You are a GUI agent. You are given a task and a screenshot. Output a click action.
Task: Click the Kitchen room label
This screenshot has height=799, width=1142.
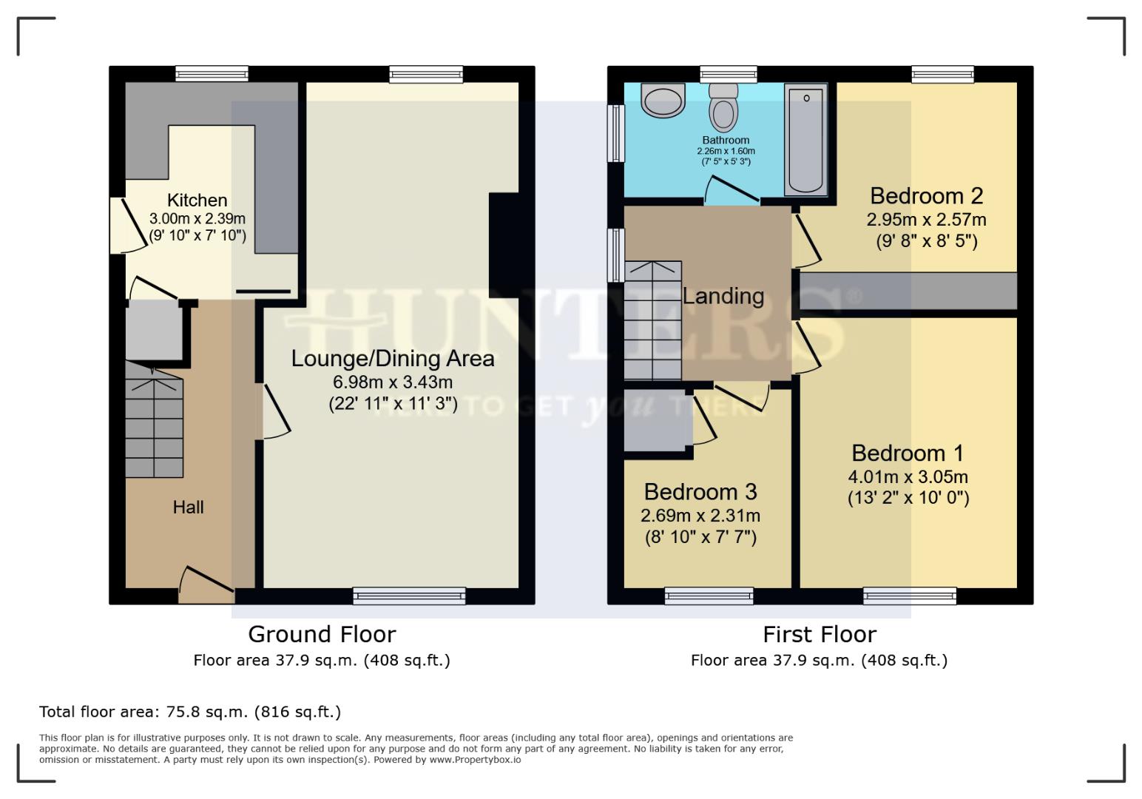click(197, 200)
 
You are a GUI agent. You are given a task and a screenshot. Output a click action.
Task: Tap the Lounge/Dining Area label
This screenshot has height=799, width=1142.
click(392, 359)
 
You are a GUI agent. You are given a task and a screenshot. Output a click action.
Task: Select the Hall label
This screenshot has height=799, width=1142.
click(188, 508)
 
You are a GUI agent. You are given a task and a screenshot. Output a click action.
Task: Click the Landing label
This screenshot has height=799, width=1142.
click(723, 296)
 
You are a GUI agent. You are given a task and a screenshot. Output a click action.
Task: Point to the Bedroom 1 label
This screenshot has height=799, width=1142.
click(908, 453)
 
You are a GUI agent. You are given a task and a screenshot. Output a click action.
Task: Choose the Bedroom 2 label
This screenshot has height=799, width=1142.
click(926, 196)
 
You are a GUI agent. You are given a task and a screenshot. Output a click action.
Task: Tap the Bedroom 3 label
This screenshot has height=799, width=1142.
click(700, 492)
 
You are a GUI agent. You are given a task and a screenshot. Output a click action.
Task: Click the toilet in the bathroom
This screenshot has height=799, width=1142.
click(723, 108)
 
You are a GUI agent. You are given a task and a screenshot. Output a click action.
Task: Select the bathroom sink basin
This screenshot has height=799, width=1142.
click(663, 101)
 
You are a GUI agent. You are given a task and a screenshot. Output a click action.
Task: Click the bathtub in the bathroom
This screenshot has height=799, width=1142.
click(805, 139)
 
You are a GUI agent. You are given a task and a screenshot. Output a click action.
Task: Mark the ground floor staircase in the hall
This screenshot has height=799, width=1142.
click(154, 422)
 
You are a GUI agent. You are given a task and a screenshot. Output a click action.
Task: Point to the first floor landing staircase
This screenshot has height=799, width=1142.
click(652, 321)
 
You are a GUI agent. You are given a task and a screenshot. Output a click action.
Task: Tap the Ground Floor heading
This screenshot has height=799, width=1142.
click(322, 635)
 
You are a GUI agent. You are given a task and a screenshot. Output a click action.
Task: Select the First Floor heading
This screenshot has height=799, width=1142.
click(819, 635)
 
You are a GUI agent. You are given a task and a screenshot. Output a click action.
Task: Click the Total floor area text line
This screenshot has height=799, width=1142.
click(190, 712)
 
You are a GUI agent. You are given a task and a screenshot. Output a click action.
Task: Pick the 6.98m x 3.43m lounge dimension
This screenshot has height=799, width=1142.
click(392, 382)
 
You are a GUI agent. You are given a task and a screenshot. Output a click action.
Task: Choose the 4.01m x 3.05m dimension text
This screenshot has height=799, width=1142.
click(908, 477)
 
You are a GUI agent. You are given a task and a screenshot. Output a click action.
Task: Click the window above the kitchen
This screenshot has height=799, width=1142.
click(212, 74)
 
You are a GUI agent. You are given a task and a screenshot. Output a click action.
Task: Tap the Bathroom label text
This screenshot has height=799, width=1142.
click(726, 140)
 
